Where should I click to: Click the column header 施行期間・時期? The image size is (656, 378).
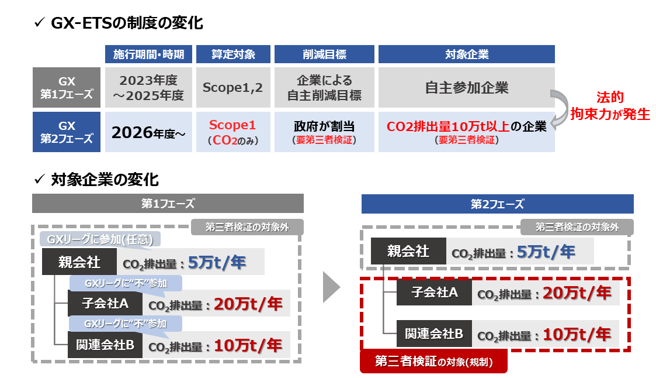point(148,54)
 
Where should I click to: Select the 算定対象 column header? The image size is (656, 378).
point(233,54)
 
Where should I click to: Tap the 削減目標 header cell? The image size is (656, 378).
point(324,54)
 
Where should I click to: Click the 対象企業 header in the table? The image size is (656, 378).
point(466,54)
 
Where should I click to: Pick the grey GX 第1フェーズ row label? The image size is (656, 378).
point(67,87)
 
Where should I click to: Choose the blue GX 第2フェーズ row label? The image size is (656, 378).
point(67,132)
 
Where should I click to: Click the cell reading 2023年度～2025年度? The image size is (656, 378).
point(148,87)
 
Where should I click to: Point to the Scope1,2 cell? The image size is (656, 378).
point(233,87)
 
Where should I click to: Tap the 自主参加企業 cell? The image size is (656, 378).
point(466,87)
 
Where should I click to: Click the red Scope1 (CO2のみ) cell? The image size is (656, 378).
point(233,132)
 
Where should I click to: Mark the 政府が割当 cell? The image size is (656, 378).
point(324,132)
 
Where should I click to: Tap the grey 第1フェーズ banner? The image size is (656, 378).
point(168,204)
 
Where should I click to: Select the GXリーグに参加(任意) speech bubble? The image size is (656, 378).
point(100,239)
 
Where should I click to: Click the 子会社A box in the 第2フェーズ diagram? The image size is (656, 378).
point(433,292)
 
